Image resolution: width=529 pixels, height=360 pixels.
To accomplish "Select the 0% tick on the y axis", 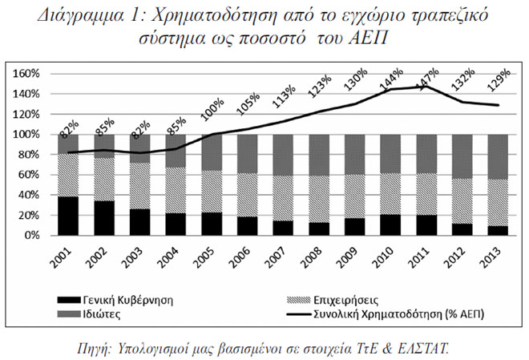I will click(32, 236).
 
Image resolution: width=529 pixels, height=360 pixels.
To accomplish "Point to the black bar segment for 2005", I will click(212, 224).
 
